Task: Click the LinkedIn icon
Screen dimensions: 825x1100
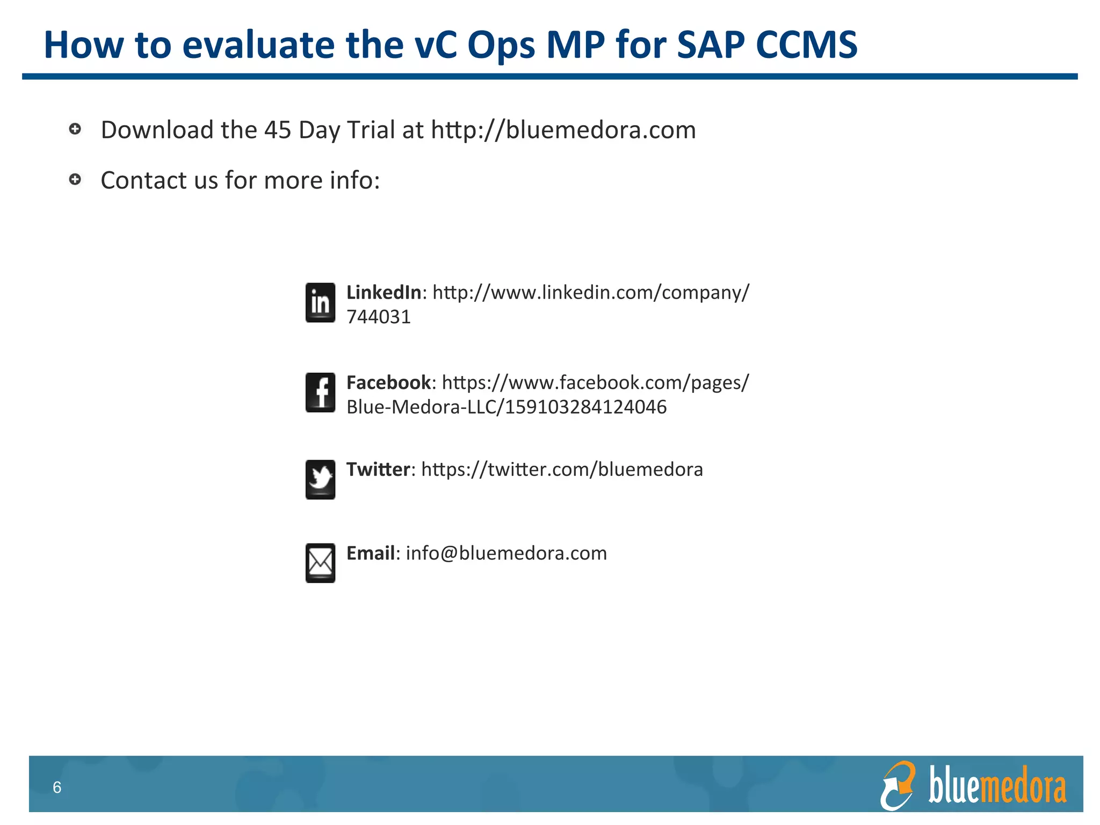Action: [320, 302]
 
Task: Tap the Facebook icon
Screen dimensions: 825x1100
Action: [320, 393]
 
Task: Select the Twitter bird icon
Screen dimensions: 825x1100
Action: [320, 479]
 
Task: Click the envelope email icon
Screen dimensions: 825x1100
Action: [320, 563]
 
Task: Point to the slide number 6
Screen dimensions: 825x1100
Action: [57, 787]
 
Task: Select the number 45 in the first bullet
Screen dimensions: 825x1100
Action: [278, 130]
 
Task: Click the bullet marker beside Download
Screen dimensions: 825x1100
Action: [75, 129]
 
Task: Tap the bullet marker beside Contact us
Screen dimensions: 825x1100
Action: [75, 179]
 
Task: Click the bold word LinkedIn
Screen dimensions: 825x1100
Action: [383, 292]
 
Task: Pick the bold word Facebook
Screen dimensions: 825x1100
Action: [388, 382]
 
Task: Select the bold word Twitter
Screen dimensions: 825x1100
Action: [378, 469]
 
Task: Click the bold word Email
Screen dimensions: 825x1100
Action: [371, 553]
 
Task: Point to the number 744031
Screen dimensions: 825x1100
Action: [378, 317]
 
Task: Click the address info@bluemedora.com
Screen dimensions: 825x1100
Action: [506, 553]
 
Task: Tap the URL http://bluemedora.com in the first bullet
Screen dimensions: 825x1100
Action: [563, 130]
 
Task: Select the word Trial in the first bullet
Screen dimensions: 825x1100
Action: [371, 130]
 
